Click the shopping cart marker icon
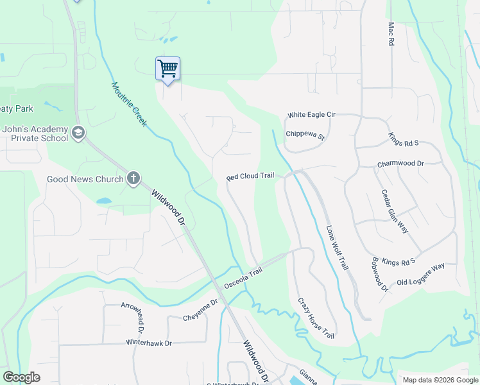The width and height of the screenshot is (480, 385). point(167,67)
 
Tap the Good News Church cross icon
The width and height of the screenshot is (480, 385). point(133,178)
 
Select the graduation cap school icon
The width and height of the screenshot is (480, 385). point(78,133)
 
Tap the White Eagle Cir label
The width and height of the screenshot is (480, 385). point(311,115)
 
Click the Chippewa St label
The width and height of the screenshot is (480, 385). point(305,135)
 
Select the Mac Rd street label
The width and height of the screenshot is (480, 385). point(390,34)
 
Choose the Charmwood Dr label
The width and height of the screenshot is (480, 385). point(401,164)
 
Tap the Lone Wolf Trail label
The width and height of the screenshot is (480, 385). point(338,246)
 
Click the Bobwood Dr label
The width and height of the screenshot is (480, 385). point(381,275)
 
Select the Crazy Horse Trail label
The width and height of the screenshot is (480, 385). point(316,318)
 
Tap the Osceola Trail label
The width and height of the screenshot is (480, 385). point(243,281)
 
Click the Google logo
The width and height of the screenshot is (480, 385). point(21,377)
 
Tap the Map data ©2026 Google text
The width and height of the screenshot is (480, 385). point(440,380)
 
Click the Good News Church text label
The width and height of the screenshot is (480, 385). point(85,178)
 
